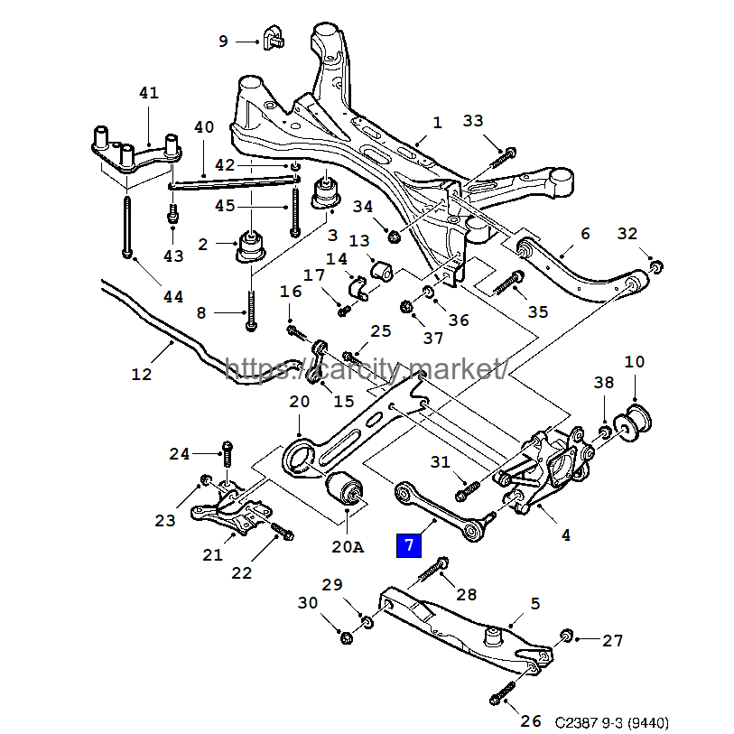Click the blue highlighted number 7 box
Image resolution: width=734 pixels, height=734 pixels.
(x=408, y=544)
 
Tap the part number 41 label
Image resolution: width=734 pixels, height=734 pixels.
(x=149, y=93)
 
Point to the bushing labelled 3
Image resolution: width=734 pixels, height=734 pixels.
(x=324, y=193)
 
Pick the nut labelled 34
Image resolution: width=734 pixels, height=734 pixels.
(x=394, y=237)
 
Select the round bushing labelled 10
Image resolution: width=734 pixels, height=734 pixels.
(x=635, y=421)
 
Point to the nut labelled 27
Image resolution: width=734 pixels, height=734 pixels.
(x=567, y=635)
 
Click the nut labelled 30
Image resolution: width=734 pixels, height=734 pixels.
(x=347, y=638)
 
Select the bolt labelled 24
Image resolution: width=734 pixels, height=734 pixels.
(x=228, y=455)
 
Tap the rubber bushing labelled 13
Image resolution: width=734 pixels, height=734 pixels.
(x=381, y=269)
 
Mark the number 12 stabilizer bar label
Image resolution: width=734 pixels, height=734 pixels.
(x=142, y=373)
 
